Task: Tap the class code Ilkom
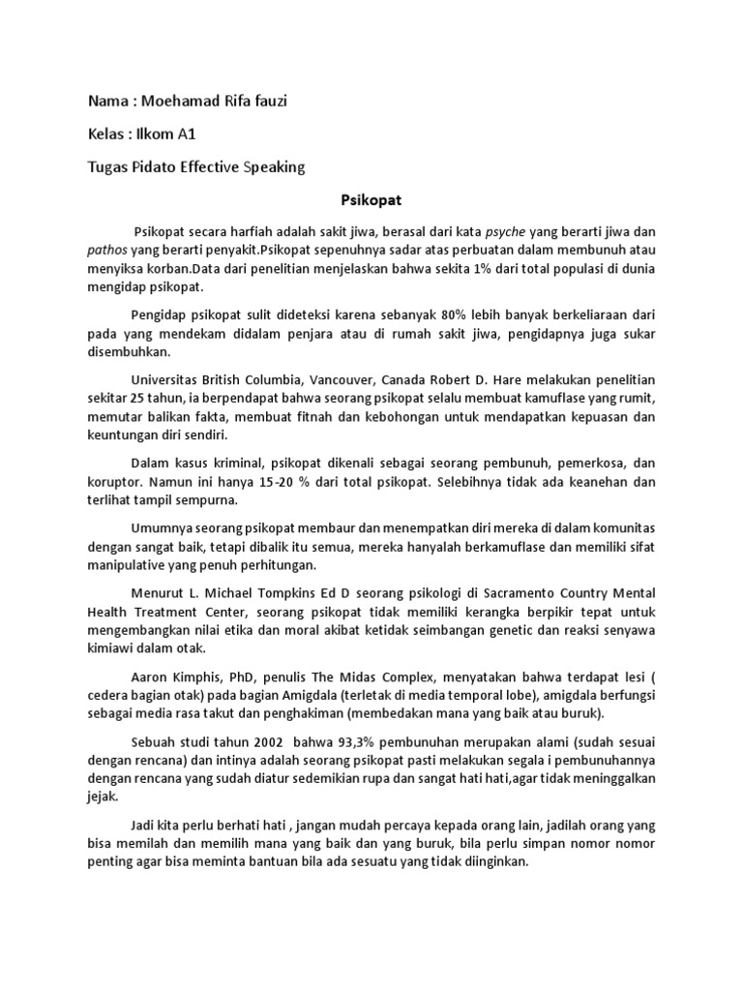(x=149, y=135)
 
